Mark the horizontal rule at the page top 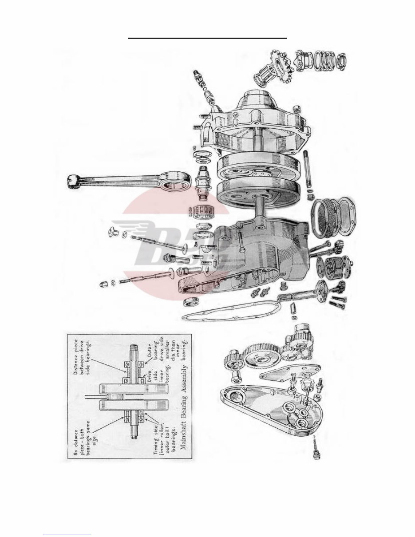click(208, 38)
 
